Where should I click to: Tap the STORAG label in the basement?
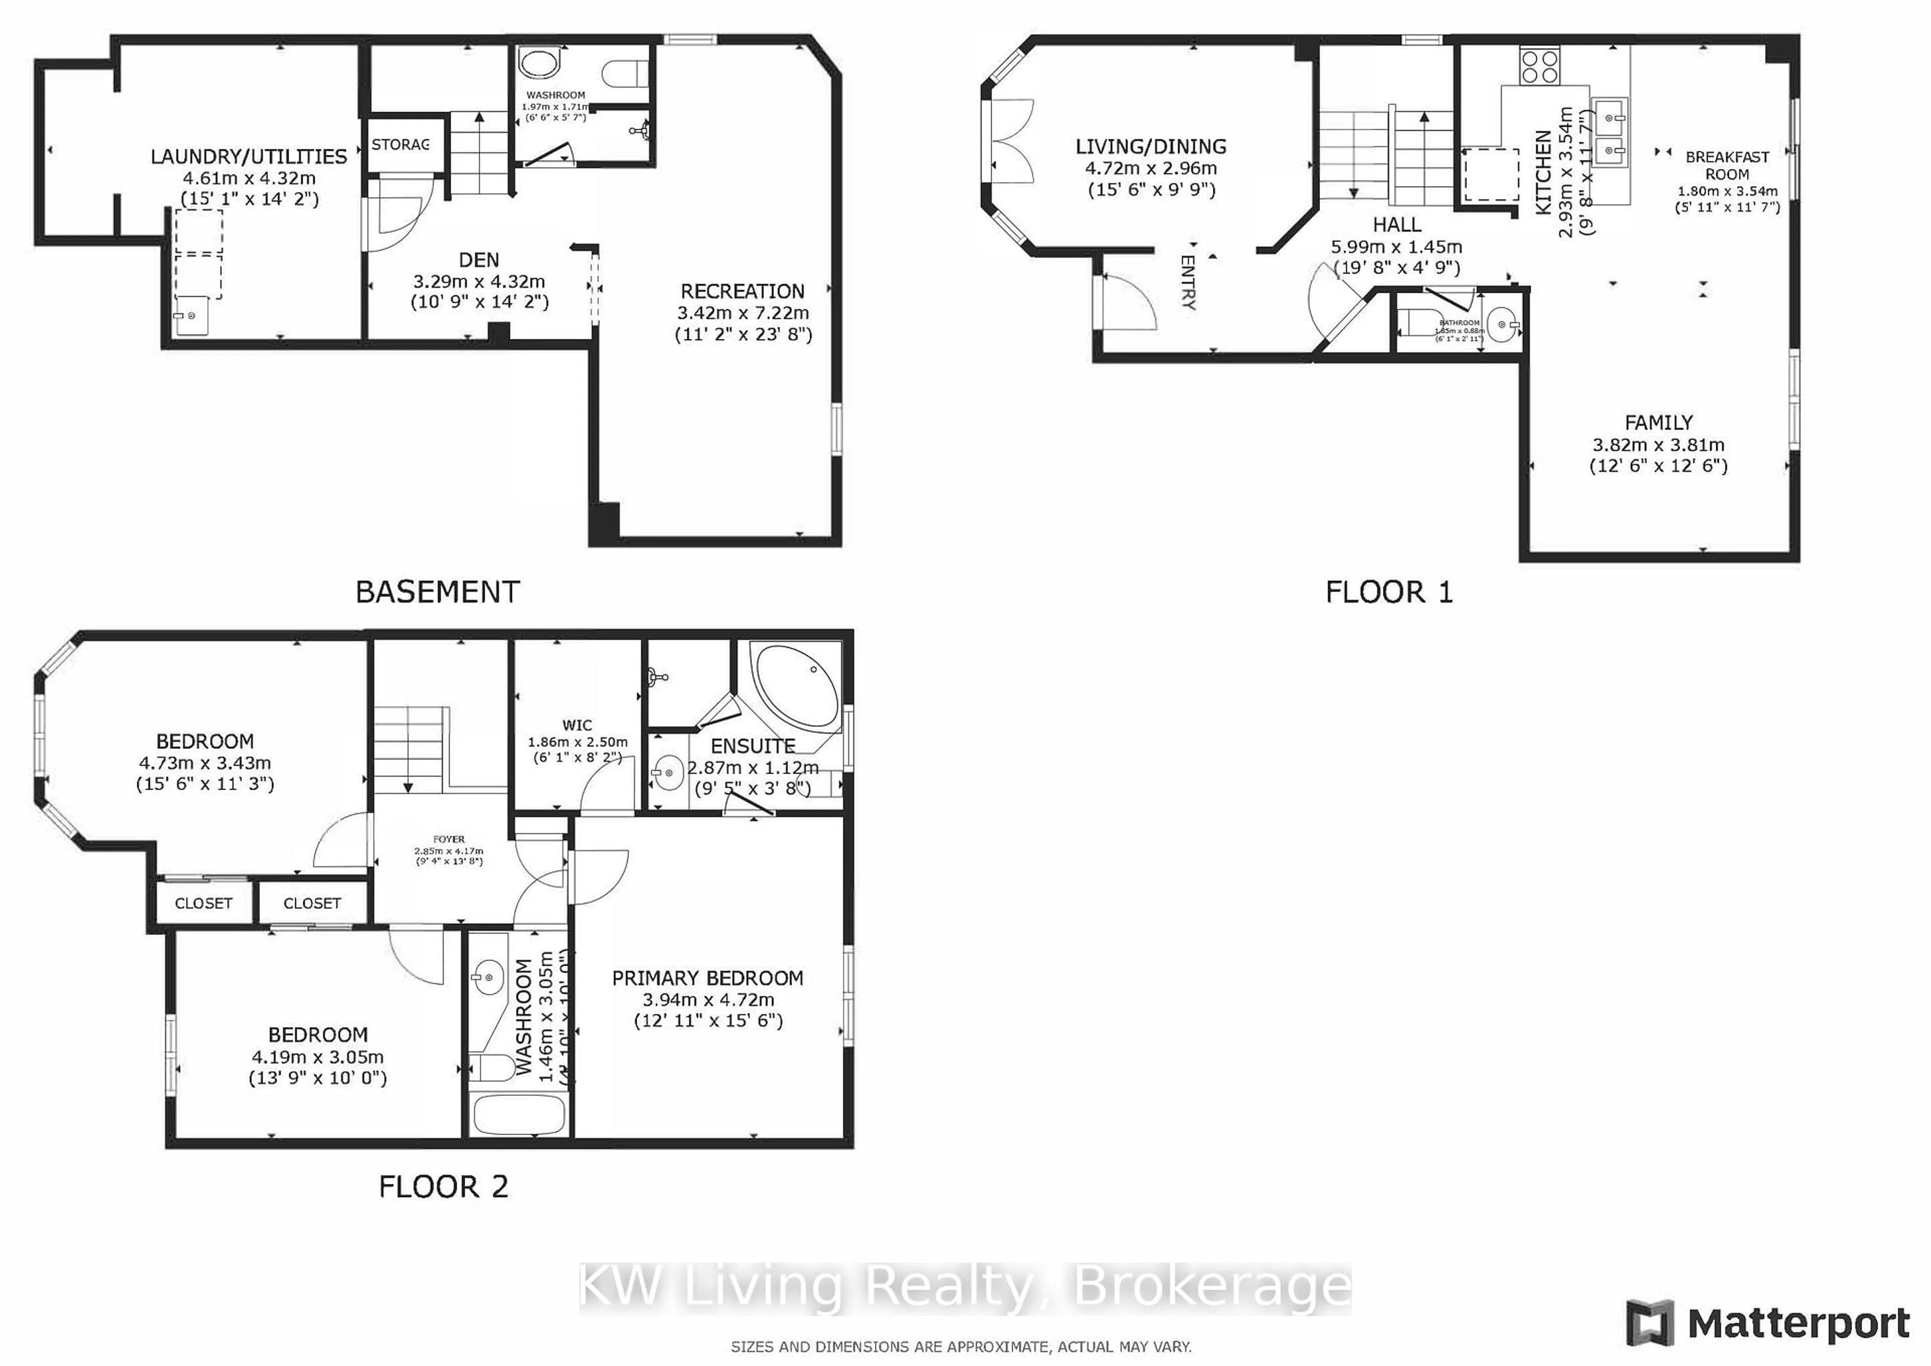click(x=400, y=145)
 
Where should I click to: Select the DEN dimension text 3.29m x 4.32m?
click(x=479, y=282)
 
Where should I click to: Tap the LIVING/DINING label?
click(x=1151, y=146)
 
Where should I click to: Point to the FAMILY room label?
click(x=1657, y=422)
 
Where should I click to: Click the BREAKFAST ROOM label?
click(x=1727, y=165)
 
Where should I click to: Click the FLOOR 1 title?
click(x=1388, y=592)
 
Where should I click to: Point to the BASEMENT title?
click(x=437, y=592)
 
